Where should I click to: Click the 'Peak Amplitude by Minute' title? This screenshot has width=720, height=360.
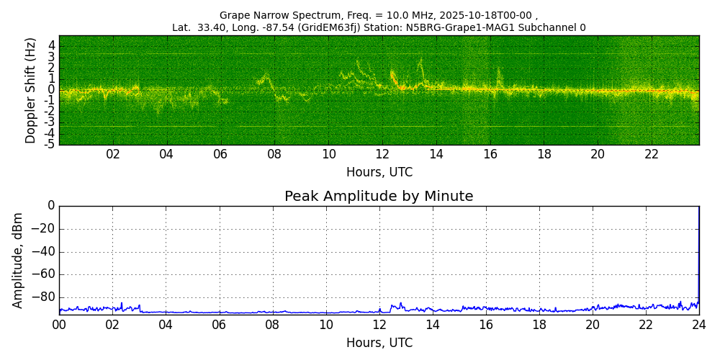379,197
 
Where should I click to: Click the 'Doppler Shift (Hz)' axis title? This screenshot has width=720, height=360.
31,90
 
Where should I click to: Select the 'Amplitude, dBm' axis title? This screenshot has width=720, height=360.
18,260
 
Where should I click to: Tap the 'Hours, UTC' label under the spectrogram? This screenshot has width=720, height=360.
379,173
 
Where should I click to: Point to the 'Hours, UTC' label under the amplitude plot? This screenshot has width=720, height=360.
379,343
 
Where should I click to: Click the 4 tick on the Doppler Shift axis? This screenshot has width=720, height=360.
51,45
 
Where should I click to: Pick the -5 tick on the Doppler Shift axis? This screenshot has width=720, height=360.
49,145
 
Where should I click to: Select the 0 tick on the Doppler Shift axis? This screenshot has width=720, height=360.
51,90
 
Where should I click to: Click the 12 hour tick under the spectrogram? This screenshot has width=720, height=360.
382,155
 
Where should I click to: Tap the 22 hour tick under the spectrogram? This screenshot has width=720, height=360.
652,155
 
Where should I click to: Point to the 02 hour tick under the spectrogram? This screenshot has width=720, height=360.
113,155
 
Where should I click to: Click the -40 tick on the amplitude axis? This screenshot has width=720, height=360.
45,252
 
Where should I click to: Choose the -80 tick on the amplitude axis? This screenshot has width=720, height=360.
45,297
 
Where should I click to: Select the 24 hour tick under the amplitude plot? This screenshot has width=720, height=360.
698,325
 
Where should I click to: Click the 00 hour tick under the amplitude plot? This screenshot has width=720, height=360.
59,325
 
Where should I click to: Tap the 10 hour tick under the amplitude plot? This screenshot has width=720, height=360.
325,325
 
